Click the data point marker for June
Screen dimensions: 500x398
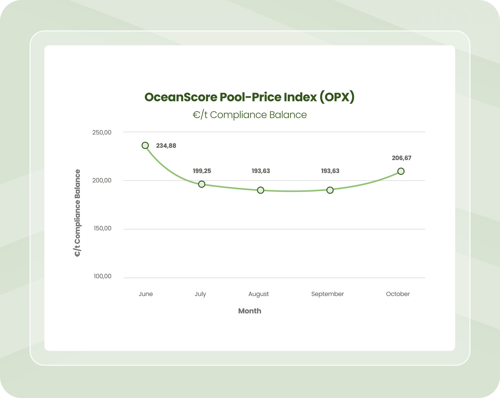145,146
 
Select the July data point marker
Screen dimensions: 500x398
202,184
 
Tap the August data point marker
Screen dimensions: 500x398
261,190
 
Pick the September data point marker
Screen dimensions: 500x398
330,190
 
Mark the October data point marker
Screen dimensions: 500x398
401,171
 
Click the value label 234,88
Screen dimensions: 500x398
166,146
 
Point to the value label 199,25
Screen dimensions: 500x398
202,171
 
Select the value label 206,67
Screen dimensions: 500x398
401,158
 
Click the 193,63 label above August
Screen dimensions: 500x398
261,171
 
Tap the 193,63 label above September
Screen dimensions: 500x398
330,171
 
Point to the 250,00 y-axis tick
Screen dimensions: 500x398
102,132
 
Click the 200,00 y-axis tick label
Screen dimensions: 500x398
102,180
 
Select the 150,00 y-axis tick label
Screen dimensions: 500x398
102,229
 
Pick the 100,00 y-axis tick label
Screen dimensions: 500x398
102,276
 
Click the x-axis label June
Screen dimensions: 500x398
146,294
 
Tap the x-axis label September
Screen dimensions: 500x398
327,294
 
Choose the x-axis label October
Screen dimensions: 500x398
398,294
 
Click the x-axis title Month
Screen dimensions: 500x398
250,311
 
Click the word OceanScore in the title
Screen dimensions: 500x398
181,97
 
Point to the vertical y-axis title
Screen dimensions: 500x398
77,213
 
